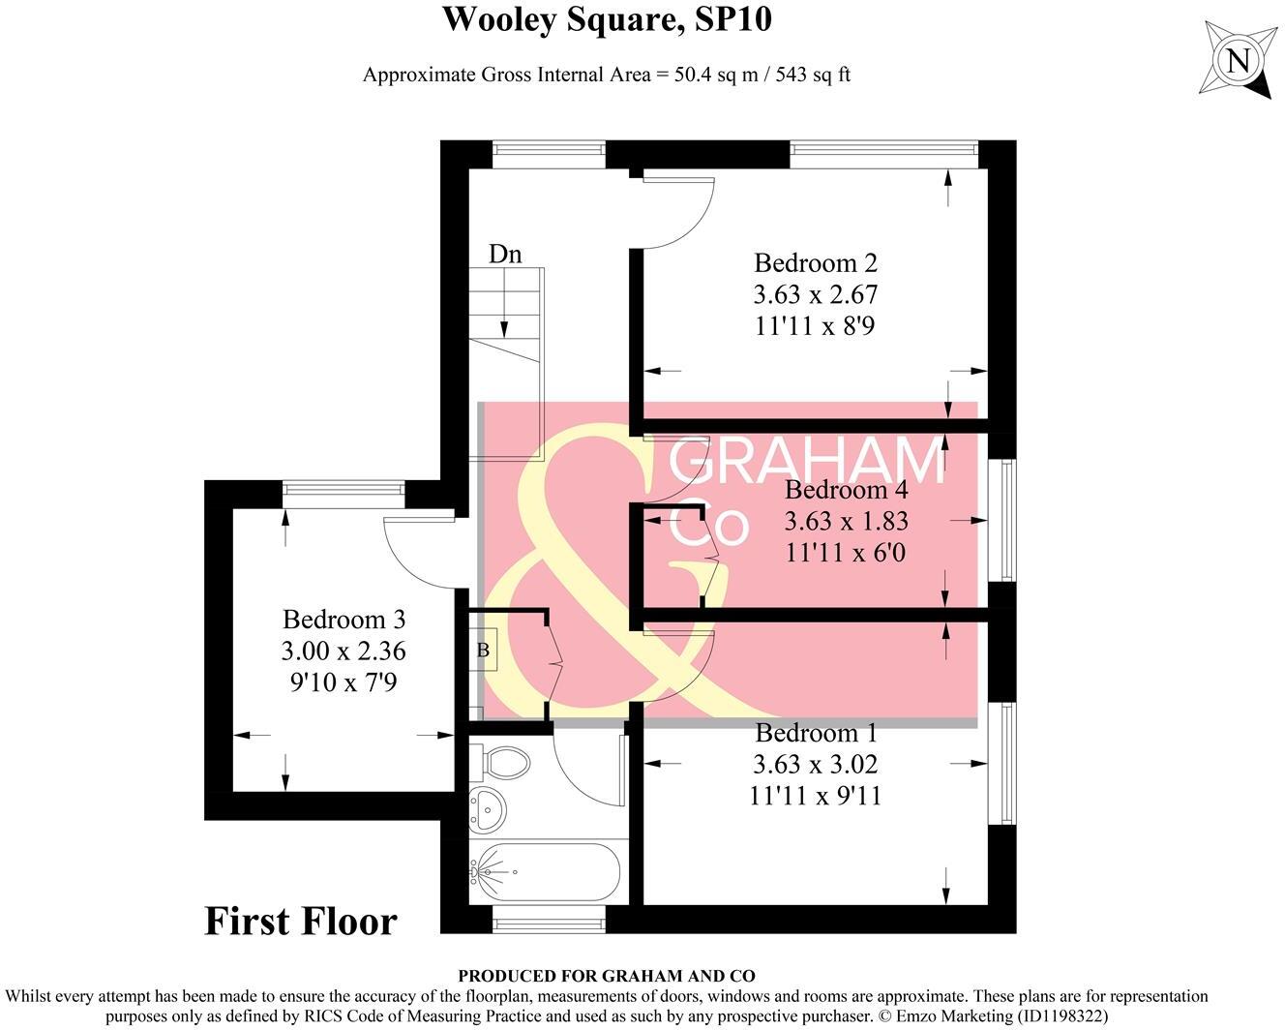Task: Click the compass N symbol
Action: pos(1238,61)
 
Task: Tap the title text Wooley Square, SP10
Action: pos(607,19)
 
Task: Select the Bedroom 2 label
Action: pos(815,262)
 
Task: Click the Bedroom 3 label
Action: pos(344,619)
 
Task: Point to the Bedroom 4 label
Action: pos(846,489)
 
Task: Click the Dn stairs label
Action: pos(505,254)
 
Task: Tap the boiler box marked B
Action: pos(483,651)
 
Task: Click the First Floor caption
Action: pos(301,921)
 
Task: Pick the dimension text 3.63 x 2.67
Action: pos(815,294)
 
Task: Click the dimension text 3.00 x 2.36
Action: pos(344,651)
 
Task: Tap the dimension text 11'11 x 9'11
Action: pos(815,796)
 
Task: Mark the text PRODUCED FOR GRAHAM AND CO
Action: pos(607,977)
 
